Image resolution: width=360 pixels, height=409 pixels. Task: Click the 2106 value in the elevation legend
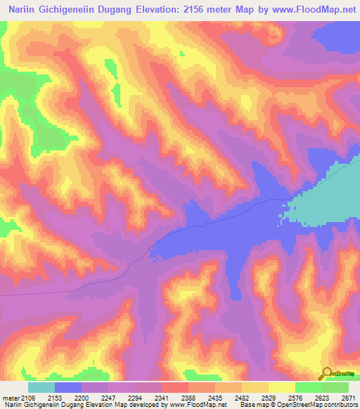click(27, 398)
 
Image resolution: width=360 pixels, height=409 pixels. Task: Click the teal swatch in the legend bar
click(41, 387)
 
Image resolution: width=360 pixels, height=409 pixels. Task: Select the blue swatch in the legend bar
click(68, 387)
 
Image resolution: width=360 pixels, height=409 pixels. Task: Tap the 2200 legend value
click(95, 398)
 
